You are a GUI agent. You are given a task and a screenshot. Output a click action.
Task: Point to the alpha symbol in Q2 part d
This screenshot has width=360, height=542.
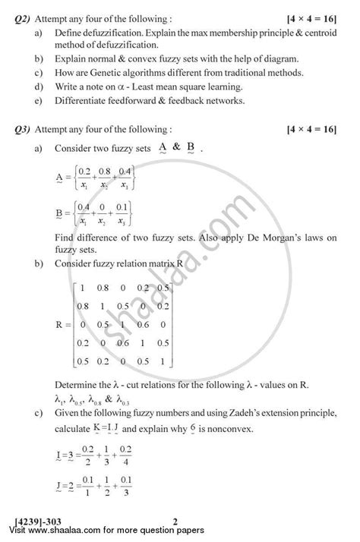(x=136, y=87)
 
